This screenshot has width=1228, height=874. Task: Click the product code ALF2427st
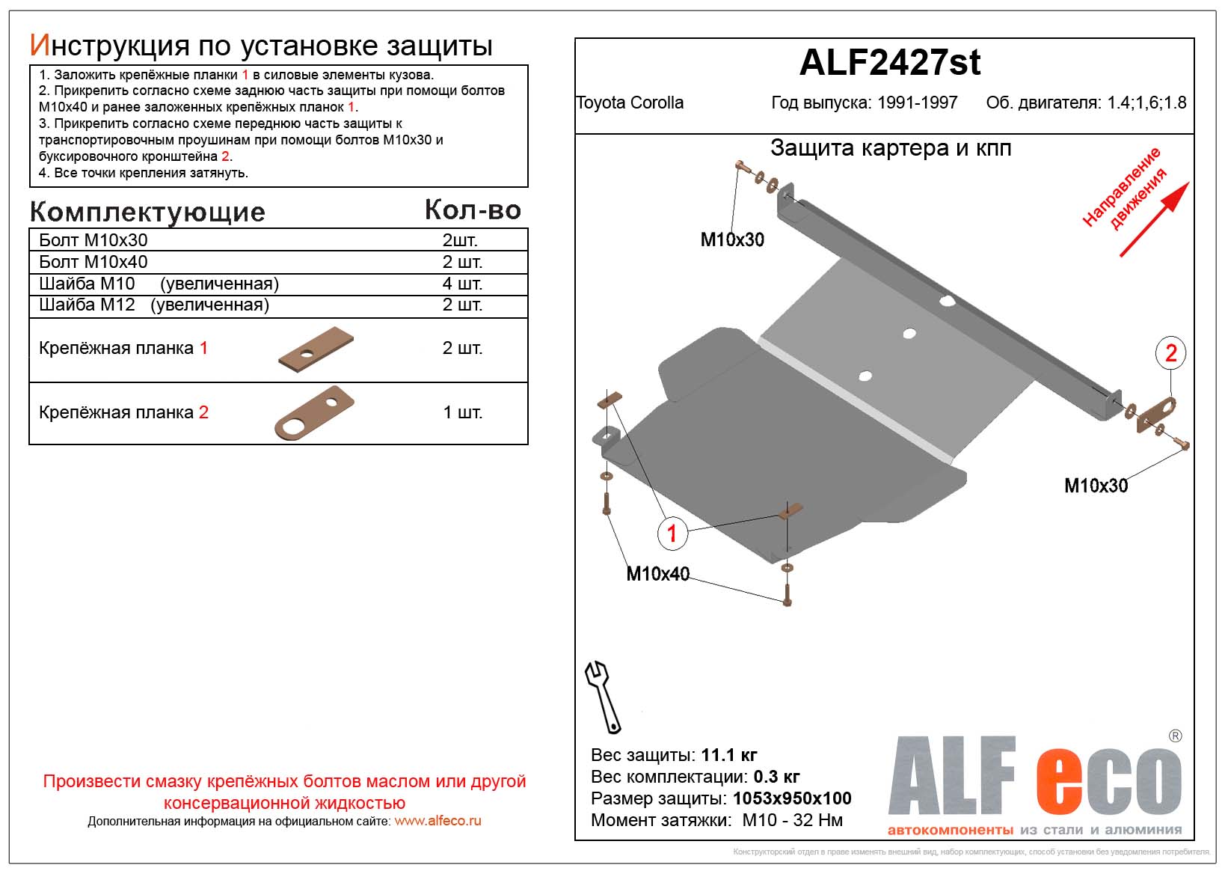pos(889,63)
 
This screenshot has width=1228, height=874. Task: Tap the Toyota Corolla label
pos(630,103)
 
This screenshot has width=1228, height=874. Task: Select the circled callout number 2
pos(1170,352)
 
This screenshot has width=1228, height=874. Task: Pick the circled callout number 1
pos(672,533)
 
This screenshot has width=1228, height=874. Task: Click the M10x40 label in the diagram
pos(657,574)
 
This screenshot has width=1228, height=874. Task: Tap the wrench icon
pos(602,696)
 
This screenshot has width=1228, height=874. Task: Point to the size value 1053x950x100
pos(792,798)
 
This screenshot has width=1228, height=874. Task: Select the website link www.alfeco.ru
pos(438,821)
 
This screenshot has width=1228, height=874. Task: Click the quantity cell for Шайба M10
pos(462,284)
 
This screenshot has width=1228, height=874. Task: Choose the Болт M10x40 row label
pos(93,262)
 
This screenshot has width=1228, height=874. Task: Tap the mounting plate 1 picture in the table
pos(316,349)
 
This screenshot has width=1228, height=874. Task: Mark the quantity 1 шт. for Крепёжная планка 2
pos(462,412)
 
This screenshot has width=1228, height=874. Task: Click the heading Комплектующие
pos(147,213)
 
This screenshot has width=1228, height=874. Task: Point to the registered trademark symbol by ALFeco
pos(1175,736)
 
